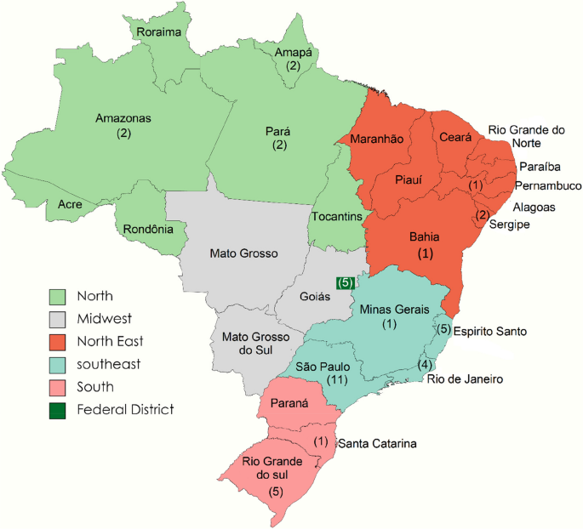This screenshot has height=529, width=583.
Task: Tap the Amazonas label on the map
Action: click(x=123, y=119)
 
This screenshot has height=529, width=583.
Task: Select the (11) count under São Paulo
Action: click(x=323, y=381)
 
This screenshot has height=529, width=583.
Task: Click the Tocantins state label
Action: click(x=336, y=218)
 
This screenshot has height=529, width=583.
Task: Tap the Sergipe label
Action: click(x=510, y=225)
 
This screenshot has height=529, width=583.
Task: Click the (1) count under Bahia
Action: click(x=426, y=253)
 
